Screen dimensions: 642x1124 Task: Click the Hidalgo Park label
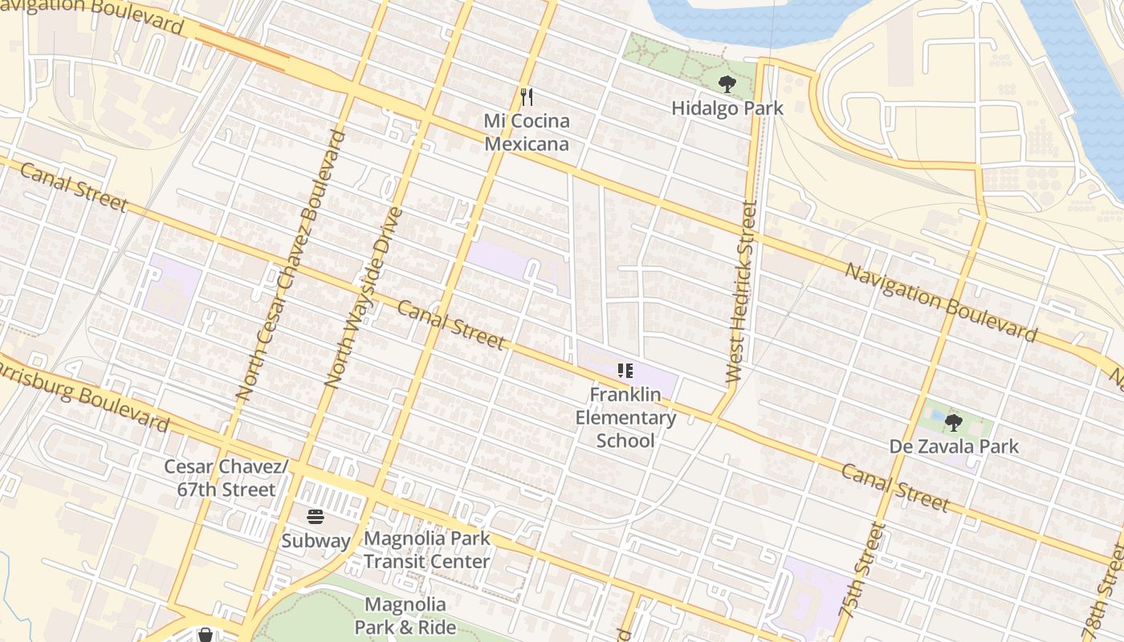click(727, 108)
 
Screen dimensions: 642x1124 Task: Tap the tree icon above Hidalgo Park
click(727, 83)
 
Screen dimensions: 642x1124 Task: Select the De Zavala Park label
click(953, 446)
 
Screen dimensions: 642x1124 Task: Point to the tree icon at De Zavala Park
click(953, 422)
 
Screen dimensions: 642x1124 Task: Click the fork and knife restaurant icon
click(527, 97)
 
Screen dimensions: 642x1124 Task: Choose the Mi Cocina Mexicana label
click(527, 132)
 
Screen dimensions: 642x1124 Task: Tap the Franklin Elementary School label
click(625, 417)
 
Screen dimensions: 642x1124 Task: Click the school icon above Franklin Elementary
click(625, 371)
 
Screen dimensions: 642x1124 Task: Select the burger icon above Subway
click(316, 517)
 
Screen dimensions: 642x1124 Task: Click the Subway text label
click(316, 541)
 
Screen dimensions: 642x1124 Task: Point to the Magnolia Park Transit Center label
click(426, 550)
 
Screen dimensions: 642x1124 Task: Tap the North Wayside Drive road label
click(362, 299)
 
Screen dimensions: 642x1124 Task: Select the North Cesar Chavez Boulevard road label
click(291, 265)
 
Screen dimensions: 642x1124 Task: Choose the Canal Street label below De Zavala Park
click(895, 487)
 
